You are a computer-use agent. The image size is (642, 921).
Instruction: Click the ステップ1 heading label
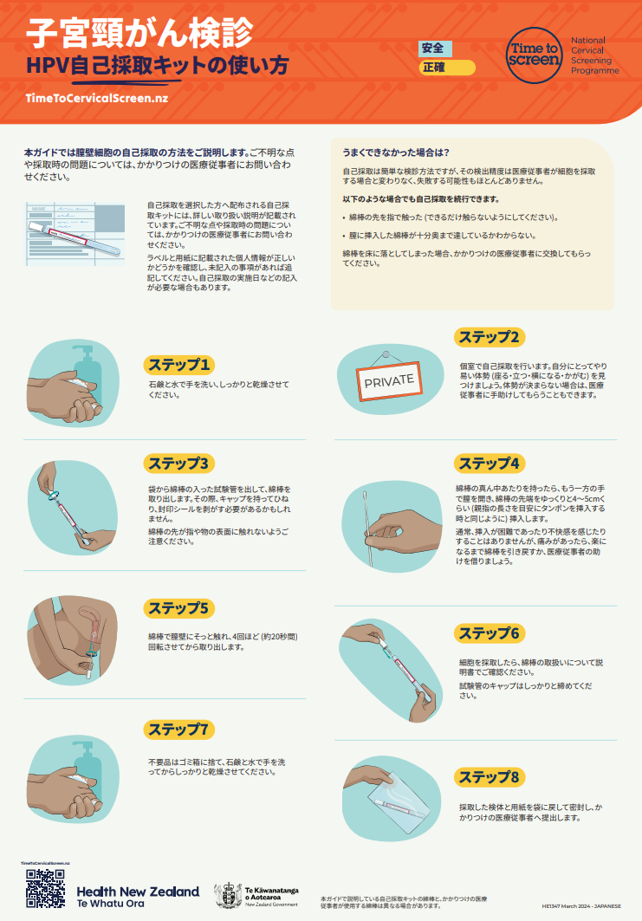tap(178, 364)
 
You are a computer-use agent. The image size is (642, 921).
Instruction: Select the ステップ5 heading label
tap(179, 608)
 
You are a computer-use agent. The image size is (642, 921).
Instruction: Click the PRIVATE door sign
tap(389, 380)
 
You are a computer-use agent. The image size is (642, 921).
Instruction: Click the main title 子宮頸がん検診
tap(139, 33)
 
